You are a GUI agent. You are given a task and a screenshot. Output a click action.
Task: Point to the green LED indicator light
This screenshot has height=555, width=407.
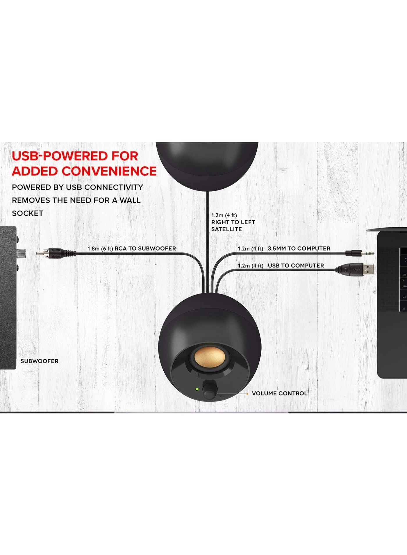[x=197, y=389]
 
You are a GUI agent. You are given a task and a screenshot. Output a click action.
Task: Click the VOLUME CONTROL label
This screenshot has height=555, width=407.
[x=279, y=393]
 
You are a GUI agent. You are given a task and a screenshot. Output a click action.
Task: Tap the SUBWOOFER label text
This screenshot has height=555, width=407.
[x=39, y=361]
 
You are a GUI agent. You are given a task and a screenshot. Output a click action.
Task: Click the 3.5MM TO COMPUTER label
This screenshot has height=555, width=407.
[x=299, y=249]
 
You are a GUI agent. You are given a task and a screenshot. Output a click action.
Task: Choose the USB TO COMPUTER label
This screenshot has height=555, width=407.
[x=296, y=266]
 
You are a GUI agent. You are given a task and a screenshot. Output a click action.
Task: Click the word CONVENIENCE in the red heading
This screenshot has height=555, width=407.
[x=109, y=171]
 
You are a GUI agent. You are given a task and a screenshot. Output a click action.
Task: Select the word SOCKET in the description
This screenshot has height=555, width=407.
[x=28, y=213]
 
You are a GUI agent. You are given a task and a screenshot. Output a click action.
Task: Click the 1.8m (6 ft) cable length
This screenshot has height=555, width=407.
[x=100, y=249]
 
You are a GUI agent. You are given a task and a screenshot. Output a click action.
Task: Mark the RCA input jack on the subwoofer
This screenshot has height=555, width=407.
[x=21, y=253]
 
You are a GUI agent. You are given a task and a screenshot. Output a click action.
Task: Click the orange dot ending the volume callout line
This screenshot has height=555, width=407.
[x=247, y=394]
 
